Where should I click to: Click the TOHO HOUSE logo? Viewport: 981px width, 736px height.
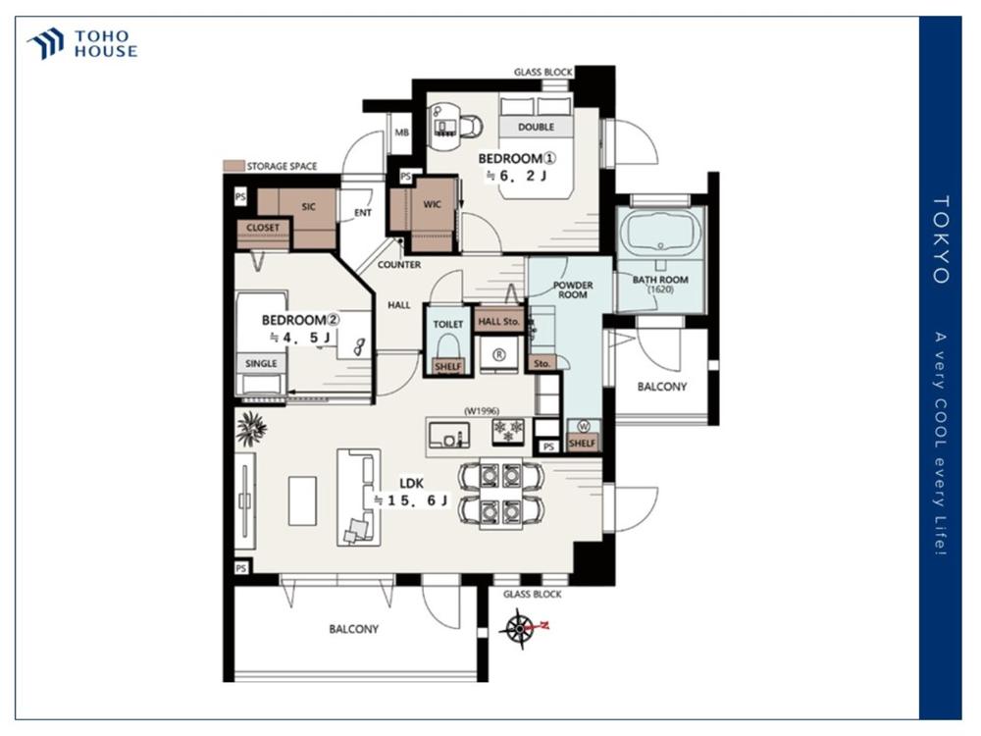click(82, 44)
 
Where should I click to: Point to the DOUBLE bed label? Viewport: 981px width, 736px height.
click(537, 127)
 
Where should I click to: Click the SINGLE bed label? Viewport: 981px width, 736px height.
click(261, 364)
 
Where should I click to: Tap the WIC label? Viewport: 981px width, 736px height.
click(433, 205)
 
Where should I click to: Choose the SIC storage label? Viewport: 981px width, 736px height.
click(308, 206)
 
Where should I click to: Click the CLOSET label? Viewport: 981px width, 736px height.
click(263, 228)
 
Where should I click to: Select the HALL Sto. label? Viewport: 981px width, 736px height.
click(498, 322)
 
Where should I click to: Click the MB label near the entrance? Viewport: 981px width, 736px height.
click(401, 132)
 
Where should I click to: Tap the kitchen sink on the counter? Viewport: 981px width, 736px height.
click(449, 435)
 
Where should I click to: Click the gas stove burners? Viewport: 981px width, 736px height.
click(508, 431)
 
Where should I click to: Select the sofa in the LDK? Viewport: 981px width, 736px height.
click(359, 497)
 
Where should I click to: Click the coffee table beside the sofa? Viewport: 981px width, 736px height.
click(302, 500)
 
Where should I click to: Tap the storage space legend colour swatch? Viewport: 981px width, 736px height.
click(234, 167)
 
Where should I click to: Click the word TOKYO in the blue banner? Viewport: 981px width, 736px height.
click(941, 239)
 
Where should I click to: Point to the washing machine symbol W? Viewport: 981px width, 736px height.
click(584, 427)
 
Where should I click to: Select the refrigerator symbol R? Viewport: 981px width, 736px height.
click(498, 355)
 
